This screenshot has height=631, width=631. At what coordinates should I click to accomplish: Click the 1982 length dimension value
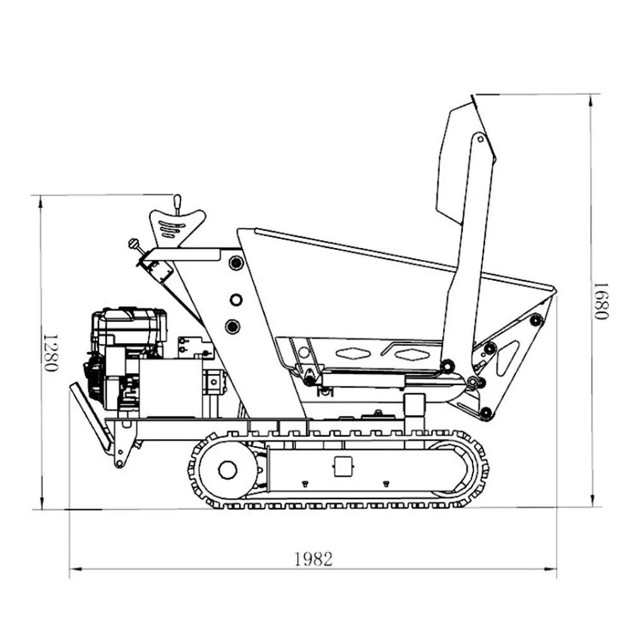pos(314,559)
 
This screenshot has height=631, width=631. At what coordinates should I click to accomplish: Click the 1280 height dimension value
pos(51,353)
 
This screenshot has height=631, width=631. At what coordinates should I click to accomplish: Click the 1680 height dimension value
pos(602,300)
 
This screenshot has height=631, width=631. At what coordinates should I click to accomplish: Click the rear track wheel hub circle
pos(227,469)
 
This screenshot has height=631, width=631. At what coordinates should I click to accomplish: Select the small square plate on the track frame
pos(343,466)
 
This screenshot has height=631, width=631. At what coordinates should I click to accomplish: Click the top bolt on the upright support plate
pos(236,263)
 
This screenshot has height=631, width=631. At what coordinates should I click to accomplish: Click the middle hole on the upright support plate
pos(236,300)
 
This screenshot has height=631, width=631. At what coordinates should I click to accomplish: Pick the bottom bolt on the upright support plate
pos(233,326)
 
